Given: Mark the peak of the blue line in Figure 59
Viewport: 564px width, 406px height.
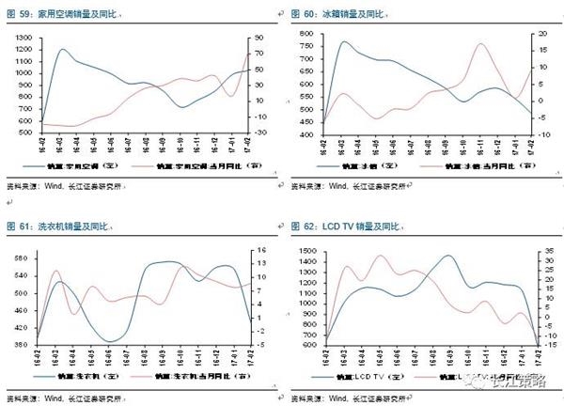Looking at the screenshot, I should pyautogui.click(x=62, y=49).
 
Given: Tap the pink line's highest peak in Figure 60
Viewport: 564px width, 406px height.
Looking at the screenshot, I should pyautogui.click(x=480, y=44).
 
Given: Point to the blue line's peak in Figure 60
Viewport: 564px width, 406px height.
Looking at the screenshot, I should pyautogui.click(x=343, y=41).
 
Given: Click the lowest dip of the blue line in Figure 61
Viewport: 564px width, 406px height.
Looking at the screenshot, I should pyautogui.click(x=110, y=341).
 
